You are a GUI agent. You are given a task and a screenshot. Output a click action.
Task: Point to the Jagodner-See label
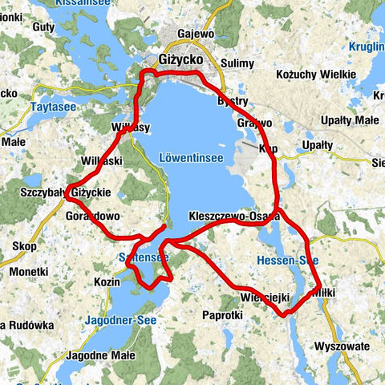(122, 320)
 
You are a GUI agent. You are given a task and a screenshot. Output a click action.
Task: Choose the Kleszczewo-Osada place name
(234, 217)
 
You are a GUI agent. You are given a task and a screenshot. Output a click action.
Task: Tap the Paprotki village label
(222, 315)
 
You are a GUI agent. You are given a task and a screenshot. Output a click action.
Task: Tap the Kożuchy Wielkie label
(315, 75)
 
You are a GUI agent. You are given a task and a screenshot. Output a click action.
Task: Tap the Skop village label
(25, 246)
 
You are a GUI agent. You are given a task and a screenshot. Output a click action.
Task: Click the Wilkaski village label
(101, 161)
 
